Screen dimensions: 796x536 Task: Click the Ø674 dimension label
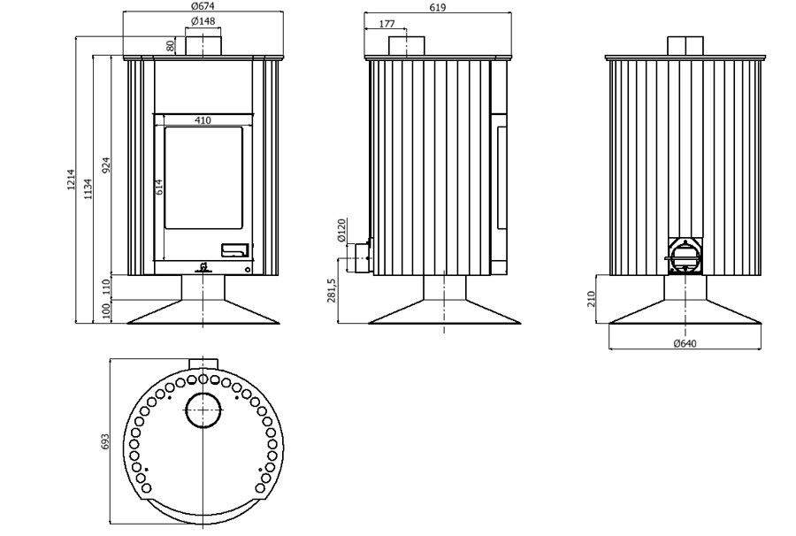click(x=203, y=6)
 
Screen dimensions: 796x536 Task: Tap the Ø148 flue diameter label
click(x=203, y=21)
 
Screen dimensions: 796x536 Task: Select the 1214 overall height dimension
click(x=71, y=180)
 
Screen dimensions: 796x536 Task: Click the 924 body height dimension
click(x=106, y=166)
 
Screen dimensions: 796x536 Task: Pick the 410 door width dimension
click(x=203, y=120)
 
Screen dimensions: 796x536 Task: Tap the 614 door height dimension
click(x=159, y=188)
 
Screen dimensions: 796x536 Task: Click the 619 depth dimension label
click(x=437, y=8)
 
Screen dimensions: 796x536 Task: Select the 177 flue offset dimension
click(x=387, y=24)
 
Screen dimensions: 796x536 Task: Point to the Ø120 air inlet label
click(x=341, y=230)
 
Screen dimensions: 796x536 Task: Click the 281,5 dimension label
click(x=332, y=290)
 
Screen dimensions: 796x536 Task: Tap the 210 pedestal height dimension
click(x=591, y=299)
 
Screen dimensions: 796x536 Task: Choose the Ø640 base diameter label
click(x=685, y=344)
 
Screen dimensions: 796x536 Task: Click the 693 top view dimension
click(x=105, y=441)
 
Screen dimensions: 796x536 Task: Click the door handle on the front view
click(x=235, y=249)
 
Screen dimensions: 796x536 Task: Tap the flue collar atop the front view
click(x=203, y=46)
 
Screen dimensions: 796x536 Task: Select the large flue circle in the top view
click(x=203, y=410)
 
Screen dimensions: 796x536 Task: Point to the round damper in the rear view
click(x=685, y=256)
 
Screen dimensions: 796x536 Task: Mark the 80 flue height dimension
click(x=171, y=46)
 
